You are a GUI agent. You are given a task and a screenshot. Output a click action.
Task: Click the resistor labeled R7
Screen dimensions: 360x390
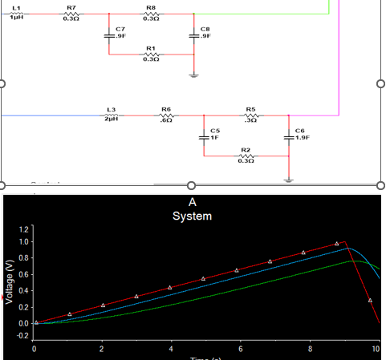[x=71, y=13]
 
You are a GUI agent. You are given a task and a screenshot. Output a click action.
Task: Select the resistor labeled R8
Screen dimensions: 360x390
[x=151, y=13]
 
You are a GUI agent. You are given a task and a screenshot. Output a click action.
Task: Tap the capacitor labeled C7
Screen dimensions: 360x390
[x=108, y=34]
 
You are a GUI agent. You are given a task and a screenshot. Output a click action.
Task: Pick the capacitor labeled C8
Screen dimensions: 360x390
[x=194, y=34]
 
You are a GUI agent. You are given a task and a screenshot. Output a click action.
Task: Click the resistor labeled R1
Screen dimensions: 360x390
[x=151, y=55]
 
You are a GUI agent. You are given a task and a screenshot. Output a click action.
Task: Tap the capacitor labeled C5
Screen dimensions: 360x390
[x=204, y=136]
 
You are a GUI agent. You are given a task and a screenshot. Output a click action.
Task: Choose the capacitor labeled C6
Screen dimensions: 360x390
[x=289, y=136]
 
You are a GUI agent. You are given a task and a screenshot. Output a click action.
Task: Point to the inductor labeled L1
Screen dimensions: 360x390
[x=18, y=13]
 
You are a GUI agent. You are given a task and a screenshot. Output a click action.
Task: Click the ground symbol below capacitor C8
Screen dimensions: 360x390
[x=194, y=74]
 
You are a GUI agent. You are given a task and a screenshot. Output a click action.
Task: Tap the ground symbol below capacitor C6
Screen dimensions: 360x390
[x=289, y=178]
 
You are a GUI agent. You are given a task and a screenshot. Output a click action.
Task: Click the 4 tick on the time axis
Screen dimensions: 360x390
[x=170, y=350]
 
